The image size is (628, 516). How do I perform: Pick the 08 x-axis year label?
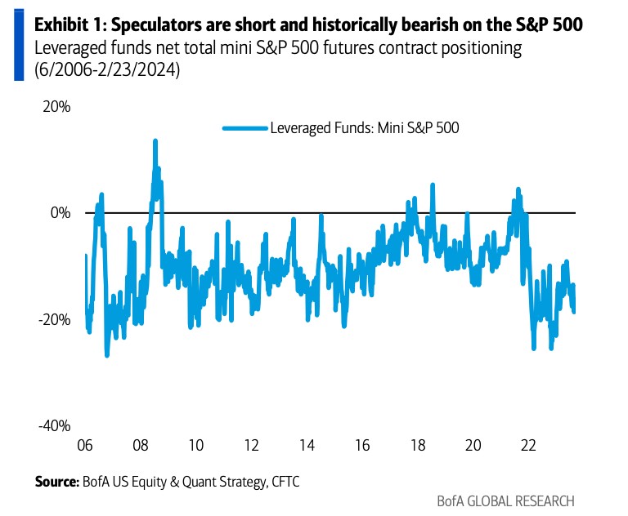[141, 446]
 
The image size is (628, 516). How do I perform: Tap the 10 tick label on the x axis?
[196, 446]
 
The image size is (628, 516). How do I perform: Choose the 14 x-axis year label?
[307, 446]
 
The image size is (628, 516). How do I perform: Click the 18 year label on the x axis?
[418, 446]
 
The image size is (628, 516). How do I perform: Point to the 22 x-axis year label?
[528, 446]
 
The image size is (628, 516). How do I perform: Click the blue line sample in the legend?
[244, 127]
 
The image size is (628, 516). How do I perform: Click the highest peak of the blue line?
[155, 141]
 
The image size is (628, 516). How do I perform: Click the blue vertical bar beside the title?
[18, 42]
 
